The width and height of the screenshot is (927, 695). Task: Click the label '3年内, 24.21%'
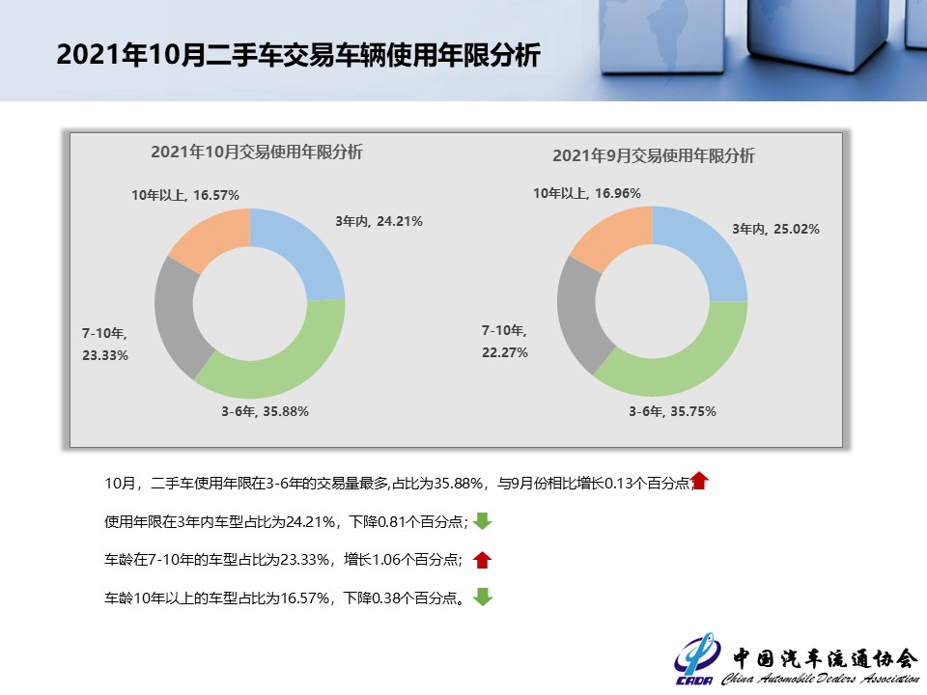379,221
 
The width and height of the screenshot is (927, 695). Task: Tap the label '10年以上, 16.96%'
586,193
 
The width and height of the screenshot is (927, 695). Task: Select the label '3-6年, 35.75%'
672,411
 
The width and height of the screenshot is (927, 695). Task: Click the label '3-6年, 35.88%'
266,411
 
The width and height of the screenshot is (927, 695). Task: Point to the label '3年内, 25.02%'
775,230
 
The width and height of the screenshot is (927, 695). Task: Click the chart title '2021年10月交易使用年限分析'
257,153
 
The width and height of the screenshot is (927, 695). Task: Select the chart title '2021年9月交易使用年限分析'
653,156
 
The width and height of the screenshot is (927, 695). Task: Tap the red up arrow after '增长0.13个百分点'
700,481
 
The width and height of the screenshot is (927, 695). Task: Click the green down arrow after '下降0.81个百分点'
483,521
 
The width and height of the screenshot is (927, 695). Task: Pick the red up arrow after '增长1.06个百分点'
483,559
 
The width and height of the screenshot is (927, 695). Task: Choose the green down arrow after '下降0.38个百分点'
483,597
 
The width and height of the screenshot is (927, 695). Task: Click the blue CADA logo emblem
697,658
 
